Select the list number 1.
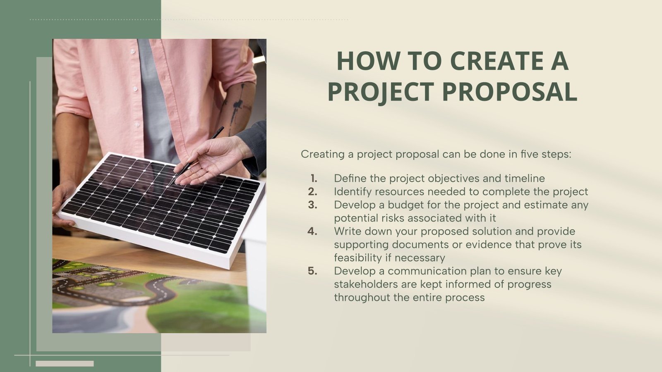click(x=314, y=178)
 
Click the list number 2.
click(x=313, y=191)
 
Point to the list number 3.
click(x=313, y=205)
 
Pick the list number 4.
click(x=313, y=231)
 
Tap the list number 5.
click(x=313, y=271)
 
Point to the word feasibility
click(x=362, y=258)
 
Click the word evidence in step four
click(x=488, y=244)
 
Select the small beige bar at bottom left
click(x=65, y=364)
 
